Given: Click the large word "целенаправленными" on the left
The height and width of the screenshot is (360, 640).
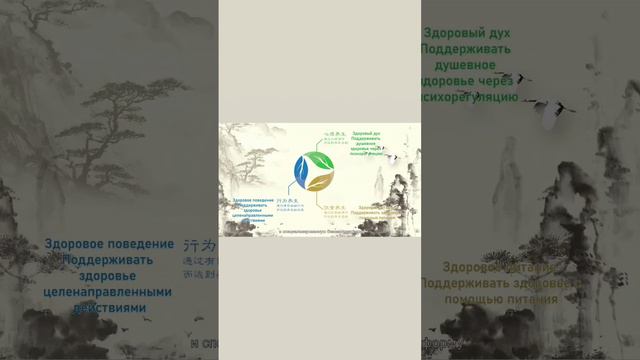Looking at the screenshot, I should coord(110,290).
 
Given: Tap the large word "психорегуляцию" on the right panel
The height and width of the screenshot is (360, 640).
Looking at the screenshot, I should coord(469,97).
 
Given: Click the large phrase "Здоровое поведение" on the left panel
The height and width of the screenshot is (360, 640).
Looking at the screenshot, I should coord(108,244).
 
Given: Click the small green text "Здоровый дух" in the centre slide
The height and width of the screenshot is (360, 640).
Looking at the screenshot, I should coord(367,134).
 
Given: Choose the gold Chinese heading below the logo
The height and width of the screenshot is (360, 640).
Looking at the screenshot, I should coord(334,207).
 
